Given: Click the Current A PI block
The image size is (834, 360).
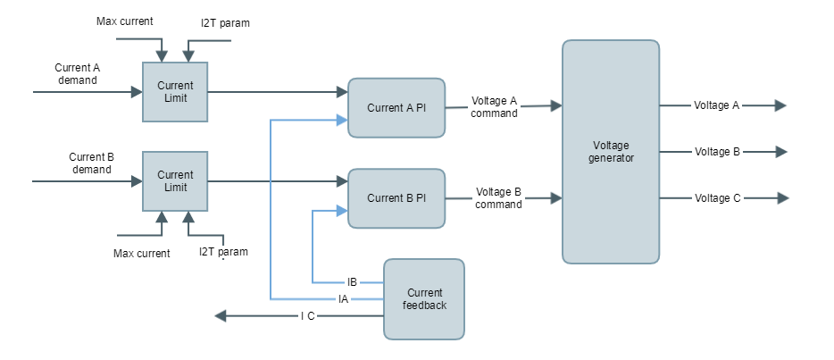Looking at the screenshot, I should click(x=396, y=107).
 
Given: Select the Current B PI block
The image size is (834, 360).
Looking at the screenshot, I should click(x=396, y=197).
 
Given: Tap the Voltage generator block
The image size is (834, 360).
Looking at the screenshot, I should click(x=612, y=152).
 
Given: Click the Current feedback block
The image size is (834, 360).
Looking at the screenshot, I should click(x=424, y=299).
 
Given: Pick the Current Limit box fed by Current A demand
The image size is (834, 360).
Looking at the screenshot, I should click(x=175, y=92).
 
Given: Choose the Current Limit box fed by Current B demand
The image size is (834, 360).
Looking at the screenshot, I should click(x=175, y=181).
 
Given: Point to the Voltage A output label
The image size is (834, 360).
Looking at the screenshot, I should click(x=716, y=105).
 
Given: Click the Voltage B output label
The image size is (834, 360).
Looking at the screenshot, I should click(x=716, y=152).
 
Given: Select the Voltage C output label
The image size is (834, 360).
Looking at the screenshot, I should click(x=716, y=198).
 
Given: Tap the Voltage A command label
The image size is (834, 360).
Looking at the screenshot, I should click(x=494, y=107).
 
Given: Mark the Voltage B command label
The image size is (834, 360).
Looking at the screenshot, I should click(x=498, y=198).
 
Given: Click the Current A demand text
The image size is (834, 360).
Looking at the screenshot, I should click(x=77, y=73).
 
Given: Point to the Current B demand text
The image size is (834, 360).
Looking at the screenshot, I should click(x=91, y=163).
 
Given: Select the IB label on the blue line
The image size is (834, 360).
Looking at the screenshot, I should click(x=352, y=281).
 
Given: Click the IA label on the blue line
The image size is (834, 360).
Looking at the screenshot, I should click(x=343, y=298).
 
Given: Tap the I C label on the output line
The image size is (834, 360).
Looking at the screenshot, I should click(x=307, y=316).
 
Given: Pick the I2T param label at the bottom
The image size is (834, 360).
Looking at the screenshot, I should click(x=222, y=252).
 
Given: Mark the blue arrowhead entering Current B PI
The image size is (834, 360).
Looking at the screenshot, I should click(x=342, y=212).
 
